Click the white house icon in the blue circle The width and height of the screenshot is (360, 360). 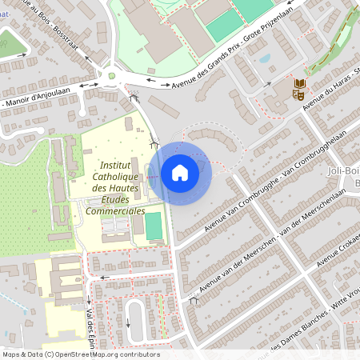[x=179, y=172]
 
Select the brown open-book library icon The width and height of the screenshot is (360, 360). [x=300, y=83]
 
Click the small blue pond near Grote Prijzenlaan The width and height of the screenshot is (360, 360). [x=264, y=58]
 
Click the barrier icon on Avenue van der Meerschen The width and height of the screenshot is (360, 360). [x=193, y=301]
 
